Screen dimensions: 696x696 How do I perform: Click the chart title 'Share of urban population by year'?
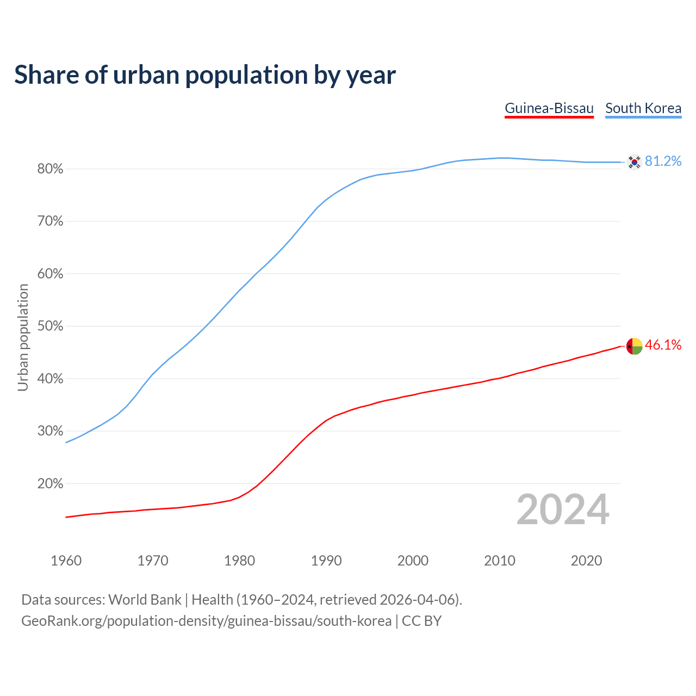click(204, 75)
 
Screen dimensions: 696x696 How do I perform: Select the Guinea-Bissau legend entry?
click(549, 108)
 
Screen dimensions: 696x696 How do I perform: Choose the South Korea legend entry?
click(643, 108)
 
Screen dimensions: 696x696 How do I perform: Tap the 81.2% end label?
click(663, 161)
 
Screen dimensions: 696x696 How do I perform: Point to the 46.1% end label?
click(663, 345)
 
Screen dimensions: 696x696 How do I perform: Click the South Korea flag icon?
click(634, 161)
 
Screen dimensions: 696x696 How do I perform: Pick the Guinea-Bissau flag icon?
click(634, 345)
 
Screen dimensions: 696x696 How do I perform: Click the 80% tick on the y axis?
click(51, 169)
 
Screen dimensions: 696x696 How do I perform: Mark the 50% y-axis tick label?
click(51, 326)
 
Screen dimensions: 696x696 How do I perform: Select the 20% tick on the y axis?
click(51, 483)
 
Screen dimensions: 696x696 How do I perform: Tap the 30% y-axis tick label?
click(51, 431)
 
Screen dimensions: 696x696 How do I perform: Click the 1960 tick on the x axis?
click(66, 561)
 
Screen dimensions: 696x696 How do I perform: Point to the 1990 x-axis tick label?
click(326, 561)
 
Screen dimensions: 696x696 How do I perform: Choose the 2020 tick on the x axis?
click(586, 561)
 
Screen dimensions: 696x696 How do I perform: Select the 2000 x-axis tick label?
click(413, 561)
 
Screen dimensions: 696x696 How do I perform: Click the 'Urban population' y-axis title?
click(23, 337)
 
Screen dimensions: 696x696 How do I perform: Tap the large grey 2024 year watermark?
click(563, 509)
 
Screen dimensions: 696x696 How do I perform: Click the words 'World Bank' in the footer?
click(145, 600)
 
